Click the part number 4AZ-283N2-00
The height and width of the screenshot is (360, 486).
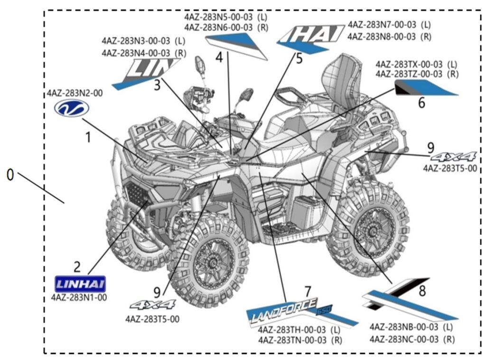[x=74, y=93]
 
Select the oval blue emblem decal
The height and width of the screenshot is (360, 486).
[x=72, y=109]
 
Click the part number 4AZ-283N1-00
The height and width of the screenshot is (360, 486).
[x=79, y=298]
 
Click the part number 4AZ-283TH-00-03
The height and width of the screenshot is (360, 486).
[x=292, y=330]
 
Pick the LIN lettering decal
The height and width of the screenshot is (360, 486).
[x=147, y=71]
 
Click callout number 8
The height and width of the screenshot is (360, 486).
[x=422, y=290]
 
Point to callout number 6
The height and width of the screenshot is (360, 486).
[x=421, y=102]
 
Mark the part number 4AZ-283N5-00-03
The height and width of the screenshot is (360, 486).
[x=219, y=17]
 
